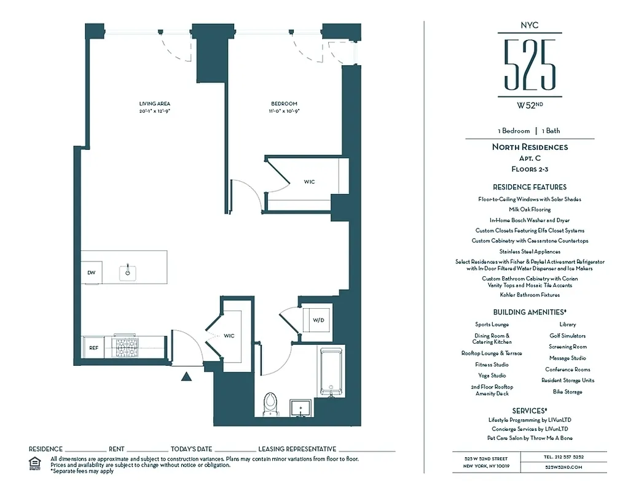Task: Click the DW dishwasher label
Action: click(91, 273)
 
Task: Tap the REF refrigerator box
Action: click(93, 347)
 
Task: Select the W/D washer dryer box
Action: click(318, 320)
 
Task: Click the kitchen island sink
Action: click(128, 271)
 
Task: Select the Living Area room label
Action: click(154, 104)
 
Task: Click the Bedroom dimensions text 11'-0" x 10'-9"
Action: click(284, 111)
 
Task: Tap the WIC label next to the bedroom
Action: click(309, 182)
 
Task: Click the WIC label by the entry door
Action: click(229, 336)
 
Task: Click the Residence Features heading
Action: click(529, 187)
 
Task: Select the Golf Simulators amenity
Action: click(567, 336)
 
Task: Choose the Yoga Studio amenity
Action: click(492, 376)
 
